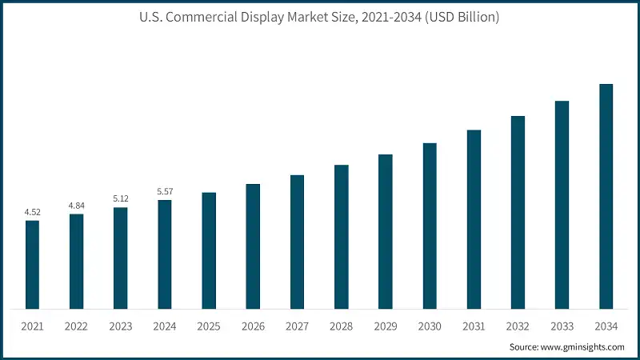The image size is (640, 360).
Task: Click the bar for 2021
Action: click(32, 264)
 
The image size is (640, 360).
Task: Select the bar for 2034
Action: click(606, 196)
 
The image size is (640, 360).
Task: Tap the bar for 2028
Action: click(342, 236)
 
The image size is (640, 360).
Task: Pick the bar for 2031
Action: click(474, 218)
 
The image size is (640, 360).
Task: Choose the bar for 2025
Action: click(209, 250)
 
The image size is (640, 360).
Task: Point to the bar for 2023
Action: click(120, 258)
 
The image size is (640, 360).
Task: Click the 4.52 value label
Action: click(32, 212)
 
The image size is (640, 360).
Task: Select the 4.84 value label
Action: click(76, 206)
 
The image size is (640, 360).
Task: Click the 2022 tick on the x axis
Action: click(76, 326)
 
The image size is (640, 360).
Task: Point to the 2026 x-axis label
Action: click(253, 326)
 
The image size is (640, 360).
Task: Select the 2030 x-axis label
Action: click(430, 326)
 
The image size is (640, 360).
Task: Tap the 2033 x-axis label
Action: click(562, 326)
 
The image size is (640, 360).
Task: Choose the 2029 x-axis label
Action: click(386, 326)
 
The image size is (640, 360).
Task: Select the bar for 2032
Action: click(518, 212)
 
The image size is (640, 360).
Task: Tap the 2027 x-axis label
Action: click(297, 326)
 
